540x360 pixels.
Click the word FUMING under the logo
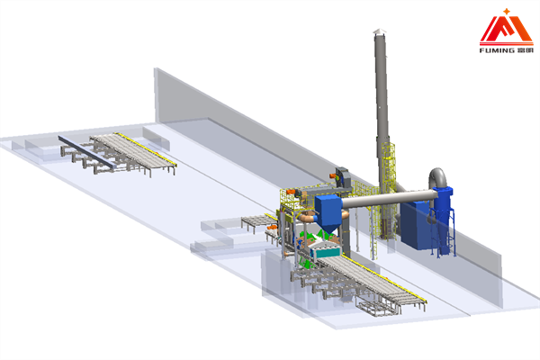click(x=497, y=50)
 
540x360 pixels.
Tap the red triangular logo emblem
click(x=506, y=31)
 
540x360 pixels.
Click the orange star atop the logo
click(x=506, y=12)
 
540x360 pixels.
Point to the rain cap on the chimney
click(x=379, y=31)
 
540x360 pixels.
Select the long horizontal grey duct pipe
click(x=389, y=198)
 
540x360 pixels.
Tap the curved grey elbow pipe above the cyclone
click(x=437, y=178)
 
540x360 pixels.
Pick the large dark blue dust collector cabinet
click(x=415, y=225)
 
